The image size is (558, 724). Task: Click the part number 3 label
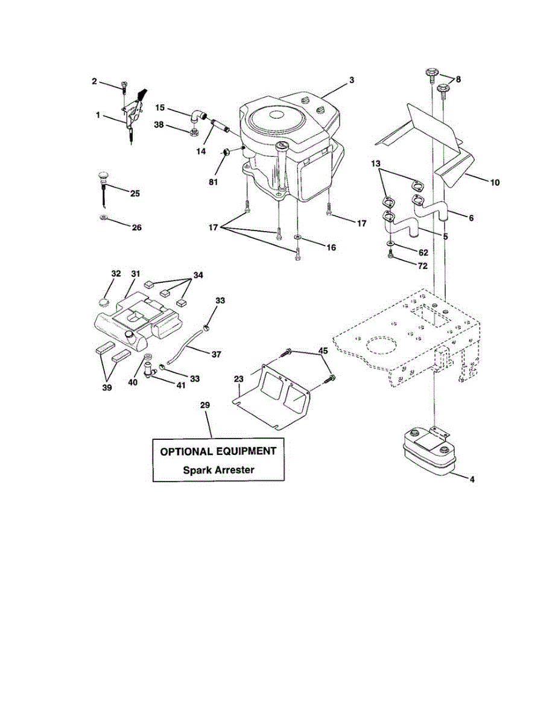click(351, 80)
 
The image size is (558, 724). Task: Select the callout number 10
click(495, 182)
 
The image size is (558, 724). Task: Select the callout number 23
click(238, 379)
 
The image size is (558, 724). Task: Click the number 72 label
click(423, 265)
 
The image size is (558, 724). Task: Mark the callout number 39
click(107, 388)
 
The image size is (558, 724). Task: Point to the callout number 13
click(376, 164)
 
